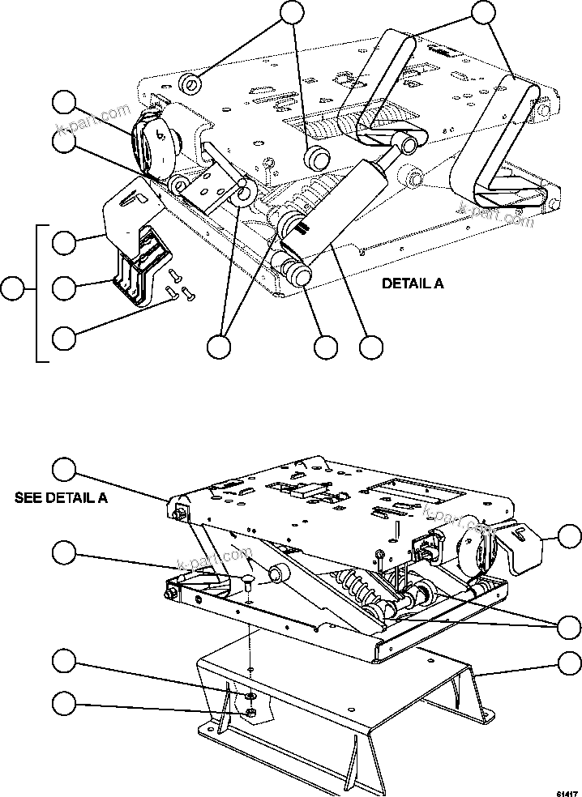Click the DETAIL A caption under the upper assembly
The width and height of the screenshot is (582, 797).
(413, 285)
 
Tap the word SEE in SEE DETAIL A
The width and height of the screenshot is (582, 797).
(29, 497)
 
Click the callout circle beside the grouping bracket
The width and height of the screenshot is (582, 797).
(12, 288)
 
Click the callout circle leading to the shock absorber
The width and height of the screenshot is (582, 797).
(371, 347)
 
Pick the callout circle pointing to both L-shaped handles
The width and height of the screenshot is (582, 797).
(483, 12)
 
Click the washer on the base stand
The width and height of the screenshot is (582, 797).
(252, 695)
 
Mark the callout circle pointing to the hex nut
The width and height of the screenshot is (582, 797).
(65, 704)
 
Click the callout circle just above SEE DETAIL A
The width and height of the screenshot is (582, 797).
(65, 469)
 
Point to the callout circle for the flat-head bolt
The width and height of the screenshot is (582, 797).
(65, 553)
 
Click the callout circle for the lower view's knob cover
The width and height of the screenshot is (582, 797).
(570, 535)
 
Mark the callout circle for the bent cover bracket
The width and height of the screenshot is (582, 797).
(65, 241)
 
